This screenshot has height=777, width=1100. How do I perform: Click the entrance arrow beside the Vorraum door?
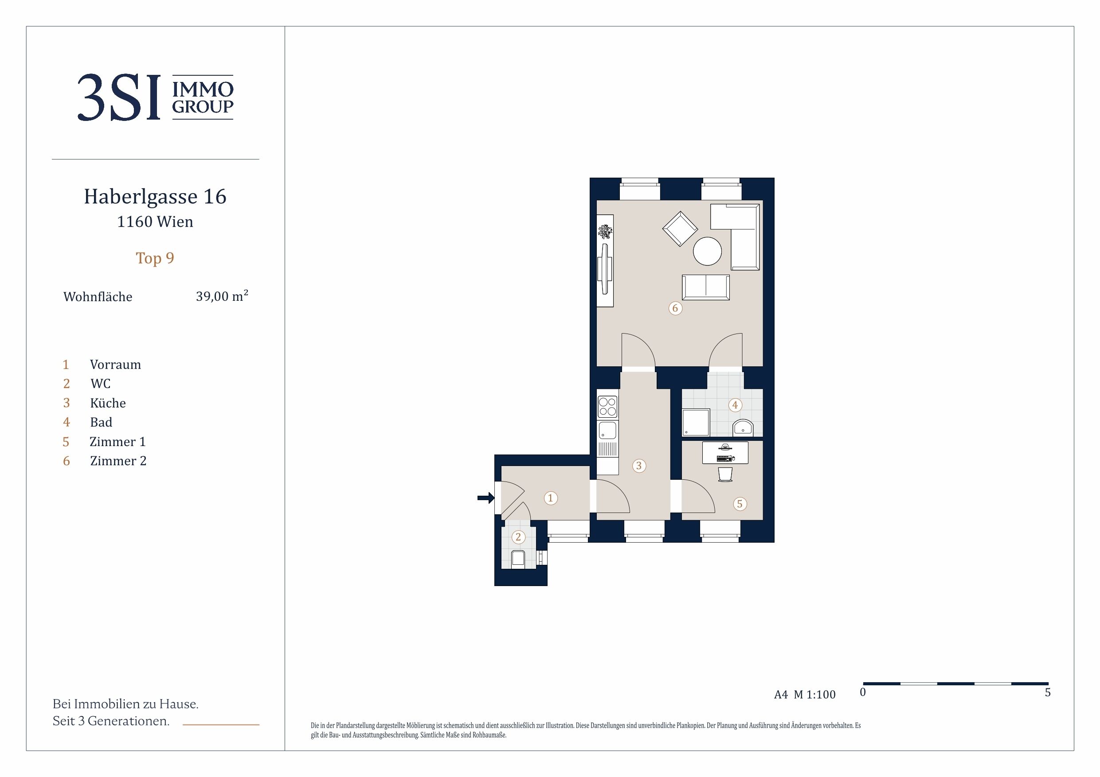(486, 498)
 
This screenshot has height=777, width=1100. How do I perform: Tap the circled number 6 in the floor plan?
(675, 308)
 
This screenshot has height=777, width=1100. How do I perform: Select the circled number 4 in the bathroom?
(735, 405)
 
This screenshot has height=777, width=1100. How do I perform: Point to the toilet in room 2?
(517, 558)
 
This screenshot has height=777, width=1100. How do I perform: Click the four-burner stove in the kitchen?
(607, 407)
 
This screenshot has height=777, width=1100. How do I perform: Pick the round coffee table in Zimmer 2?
(707, 251)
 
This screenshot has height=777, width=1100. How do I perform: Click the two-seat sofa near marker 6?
(706, 287)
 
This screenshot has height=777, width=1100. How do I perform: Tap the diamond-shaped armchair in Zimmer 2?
(680, 229)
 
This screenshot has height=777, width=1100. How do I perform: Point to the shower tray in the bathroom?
(696, 423)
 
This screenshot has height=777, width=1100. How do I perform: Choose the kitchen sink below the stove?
(607, 430)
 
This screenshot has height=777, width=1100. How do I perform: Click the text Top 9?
(155, 258)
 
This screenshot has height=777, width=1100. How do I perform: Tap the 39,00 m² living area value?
(222, 296)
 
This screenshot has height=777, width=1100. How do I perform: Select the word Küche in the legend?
(108, 403)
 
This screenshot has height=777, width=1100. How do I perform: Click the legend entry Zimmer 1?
(117, 441)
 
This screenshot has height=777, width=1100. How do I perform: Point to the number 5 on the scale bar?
(1047, 692)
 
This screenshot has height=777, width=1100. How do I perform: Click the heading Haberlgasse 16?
(155, 197)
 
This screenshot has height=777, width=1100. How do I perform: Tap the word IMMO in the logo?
(203, 89)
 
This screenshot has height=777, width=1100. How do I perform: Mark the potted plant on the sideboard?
(605, 232)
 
